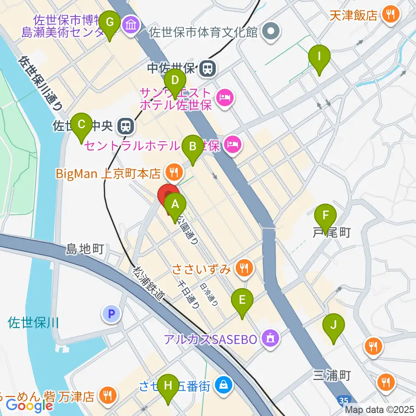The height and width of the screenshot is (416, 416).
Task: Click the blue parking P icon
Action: click(112, 314)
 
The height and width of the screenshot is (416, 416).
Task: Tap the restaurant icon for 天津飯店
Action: click(390, 15)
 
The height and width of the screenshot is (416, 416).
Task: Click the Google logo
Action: click(29, 406)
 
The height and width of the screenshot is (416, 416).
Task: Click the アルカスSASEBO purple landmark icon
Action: click(271, 338)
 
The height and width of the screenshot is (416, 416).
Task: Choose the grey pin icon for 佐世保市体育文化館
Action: click(272, 32)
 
